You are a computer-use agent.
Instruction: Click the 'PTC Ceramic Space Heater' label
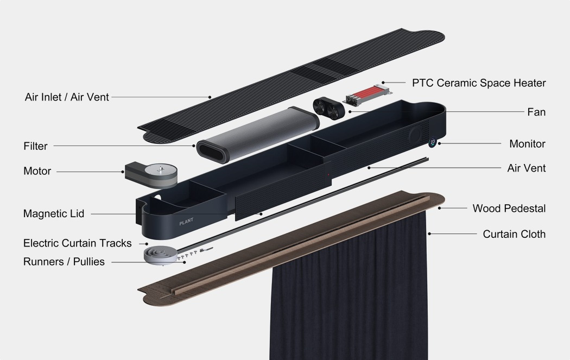[479, 83]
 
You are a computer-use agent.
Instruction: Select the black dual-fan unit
[329, 107]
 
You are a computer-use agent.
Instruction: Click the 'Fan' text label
[536, 112]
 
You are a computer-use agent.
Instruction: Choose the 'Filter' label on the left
[35, 146]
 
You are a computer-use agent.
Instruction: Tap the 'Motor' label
[37, 171]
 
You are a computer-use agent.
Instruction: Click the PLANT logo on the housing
[186, 223]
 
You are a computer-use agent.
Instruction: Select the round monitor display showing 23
[433, 142]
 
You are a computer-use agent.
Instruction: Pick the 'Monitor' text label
[527, 144]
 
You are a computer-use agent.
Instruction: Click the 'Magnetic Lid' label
[54, 214]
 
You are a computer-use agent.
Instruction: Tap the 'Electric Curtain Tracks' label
[77, 243]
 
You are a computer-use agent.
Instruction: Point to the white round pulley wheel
[161, 255]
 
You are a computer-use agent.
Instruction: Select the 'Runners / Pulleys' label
[64, 262]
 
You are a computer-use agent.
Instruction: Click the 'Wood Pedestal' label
[509, 209]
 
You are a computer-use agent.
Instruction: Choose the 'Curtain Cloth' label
[514, 234]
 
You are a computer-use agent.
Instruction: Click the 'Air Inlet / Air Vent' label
[67, 97]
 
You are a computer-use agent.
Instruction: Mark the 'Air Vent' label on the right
[526, 168]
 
